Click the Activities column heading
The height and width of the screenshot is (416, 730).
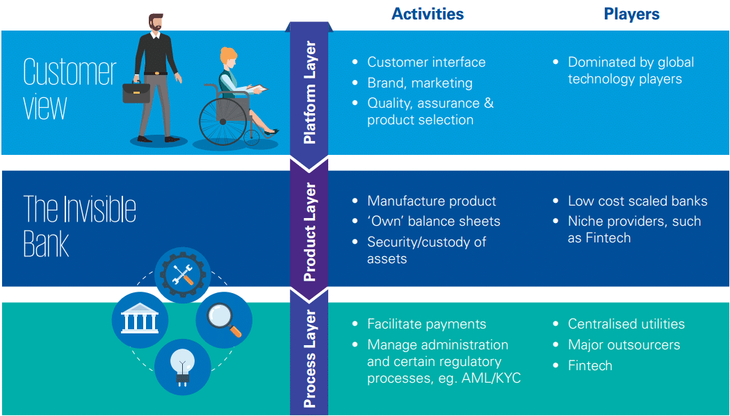tap(428, 14)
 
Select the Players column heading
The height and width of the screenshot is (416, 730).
tap(631, 14)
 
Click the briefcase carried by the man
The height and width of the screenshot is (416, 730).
tap(136, 92)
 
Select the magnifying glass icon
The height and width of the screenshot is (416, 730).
tap(224, 320)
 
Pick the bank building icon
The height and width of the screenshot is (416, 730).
tap(139, 320)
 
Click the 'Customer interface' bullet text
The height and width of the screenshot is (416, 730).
tap(426, 62)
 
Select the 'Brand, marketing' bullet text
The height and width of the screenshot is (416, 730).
tap(420, 83)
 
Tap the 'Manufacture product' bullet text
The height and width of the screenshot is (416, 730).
tap(432, 201)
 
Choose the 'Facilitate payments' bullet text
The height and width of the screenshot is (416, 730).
tap(427, 324)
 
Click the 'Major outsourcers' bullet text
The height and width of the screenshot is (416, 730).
tap(624, 344)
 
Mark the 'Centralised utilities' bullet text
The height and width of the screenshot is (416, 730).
tap(626, 324)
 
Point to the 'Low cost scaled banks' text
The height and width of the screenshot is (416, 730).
tap(638, 201)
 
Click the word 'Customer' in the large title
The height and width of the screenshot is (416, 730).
tap(70, 72)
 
